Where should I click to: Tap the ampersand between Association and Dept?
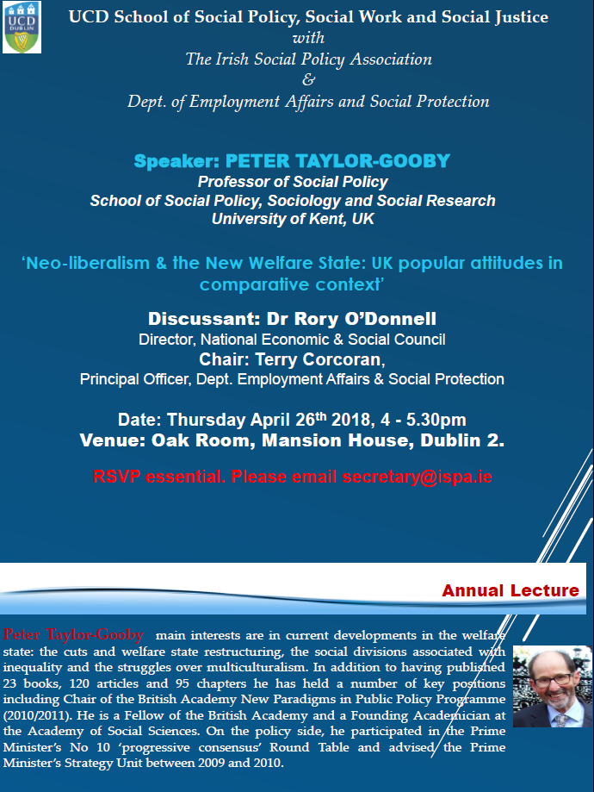tap(309, 80)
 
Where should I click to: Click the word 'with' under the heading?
tap(309, 38)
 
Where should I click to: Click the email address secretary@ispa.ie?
tap(417, 477)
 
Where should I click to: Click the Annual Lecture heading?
tap(510, 590)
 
